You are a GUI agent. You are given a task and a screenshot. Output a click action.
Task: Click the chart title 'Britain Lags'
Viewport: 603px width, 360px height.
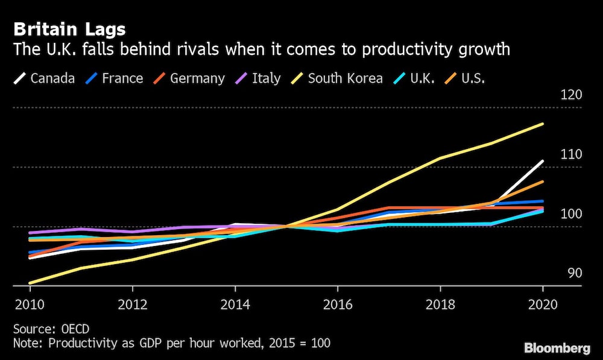(69, 29)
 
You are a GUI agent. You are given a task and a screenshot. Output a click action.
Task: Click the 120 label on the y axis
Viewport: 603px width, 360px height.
(570, 95)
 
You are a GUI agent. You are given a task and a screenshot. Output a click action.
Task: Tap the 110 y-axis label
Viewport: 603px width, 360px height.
(570, 154)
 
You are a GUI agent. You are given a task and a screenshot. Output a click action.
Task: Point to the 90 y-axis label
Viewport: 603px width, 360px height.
(575, 273)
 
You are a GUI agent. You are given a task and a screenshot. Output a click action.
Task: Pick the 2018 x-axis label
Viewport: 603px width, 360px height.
(440, 305)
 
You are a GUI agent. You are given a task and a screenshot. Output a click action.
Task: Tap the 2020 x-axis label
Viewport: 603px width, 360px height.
(543, 305)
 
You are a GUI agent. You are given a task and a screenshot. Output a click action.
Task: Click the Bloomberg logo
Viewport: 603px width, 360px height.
(557, 348)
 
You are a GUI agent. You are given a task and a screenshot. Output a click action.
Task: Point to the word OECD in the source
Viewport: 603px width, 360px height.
(74, 329)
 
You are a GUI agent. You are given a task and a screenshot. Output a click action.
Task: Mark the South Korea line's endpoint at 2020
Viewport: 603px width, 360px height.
(543, 124)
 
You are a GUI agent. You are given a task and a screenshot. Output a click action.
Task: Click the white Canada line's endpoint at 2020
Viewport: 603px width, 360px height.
(543, 161)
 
